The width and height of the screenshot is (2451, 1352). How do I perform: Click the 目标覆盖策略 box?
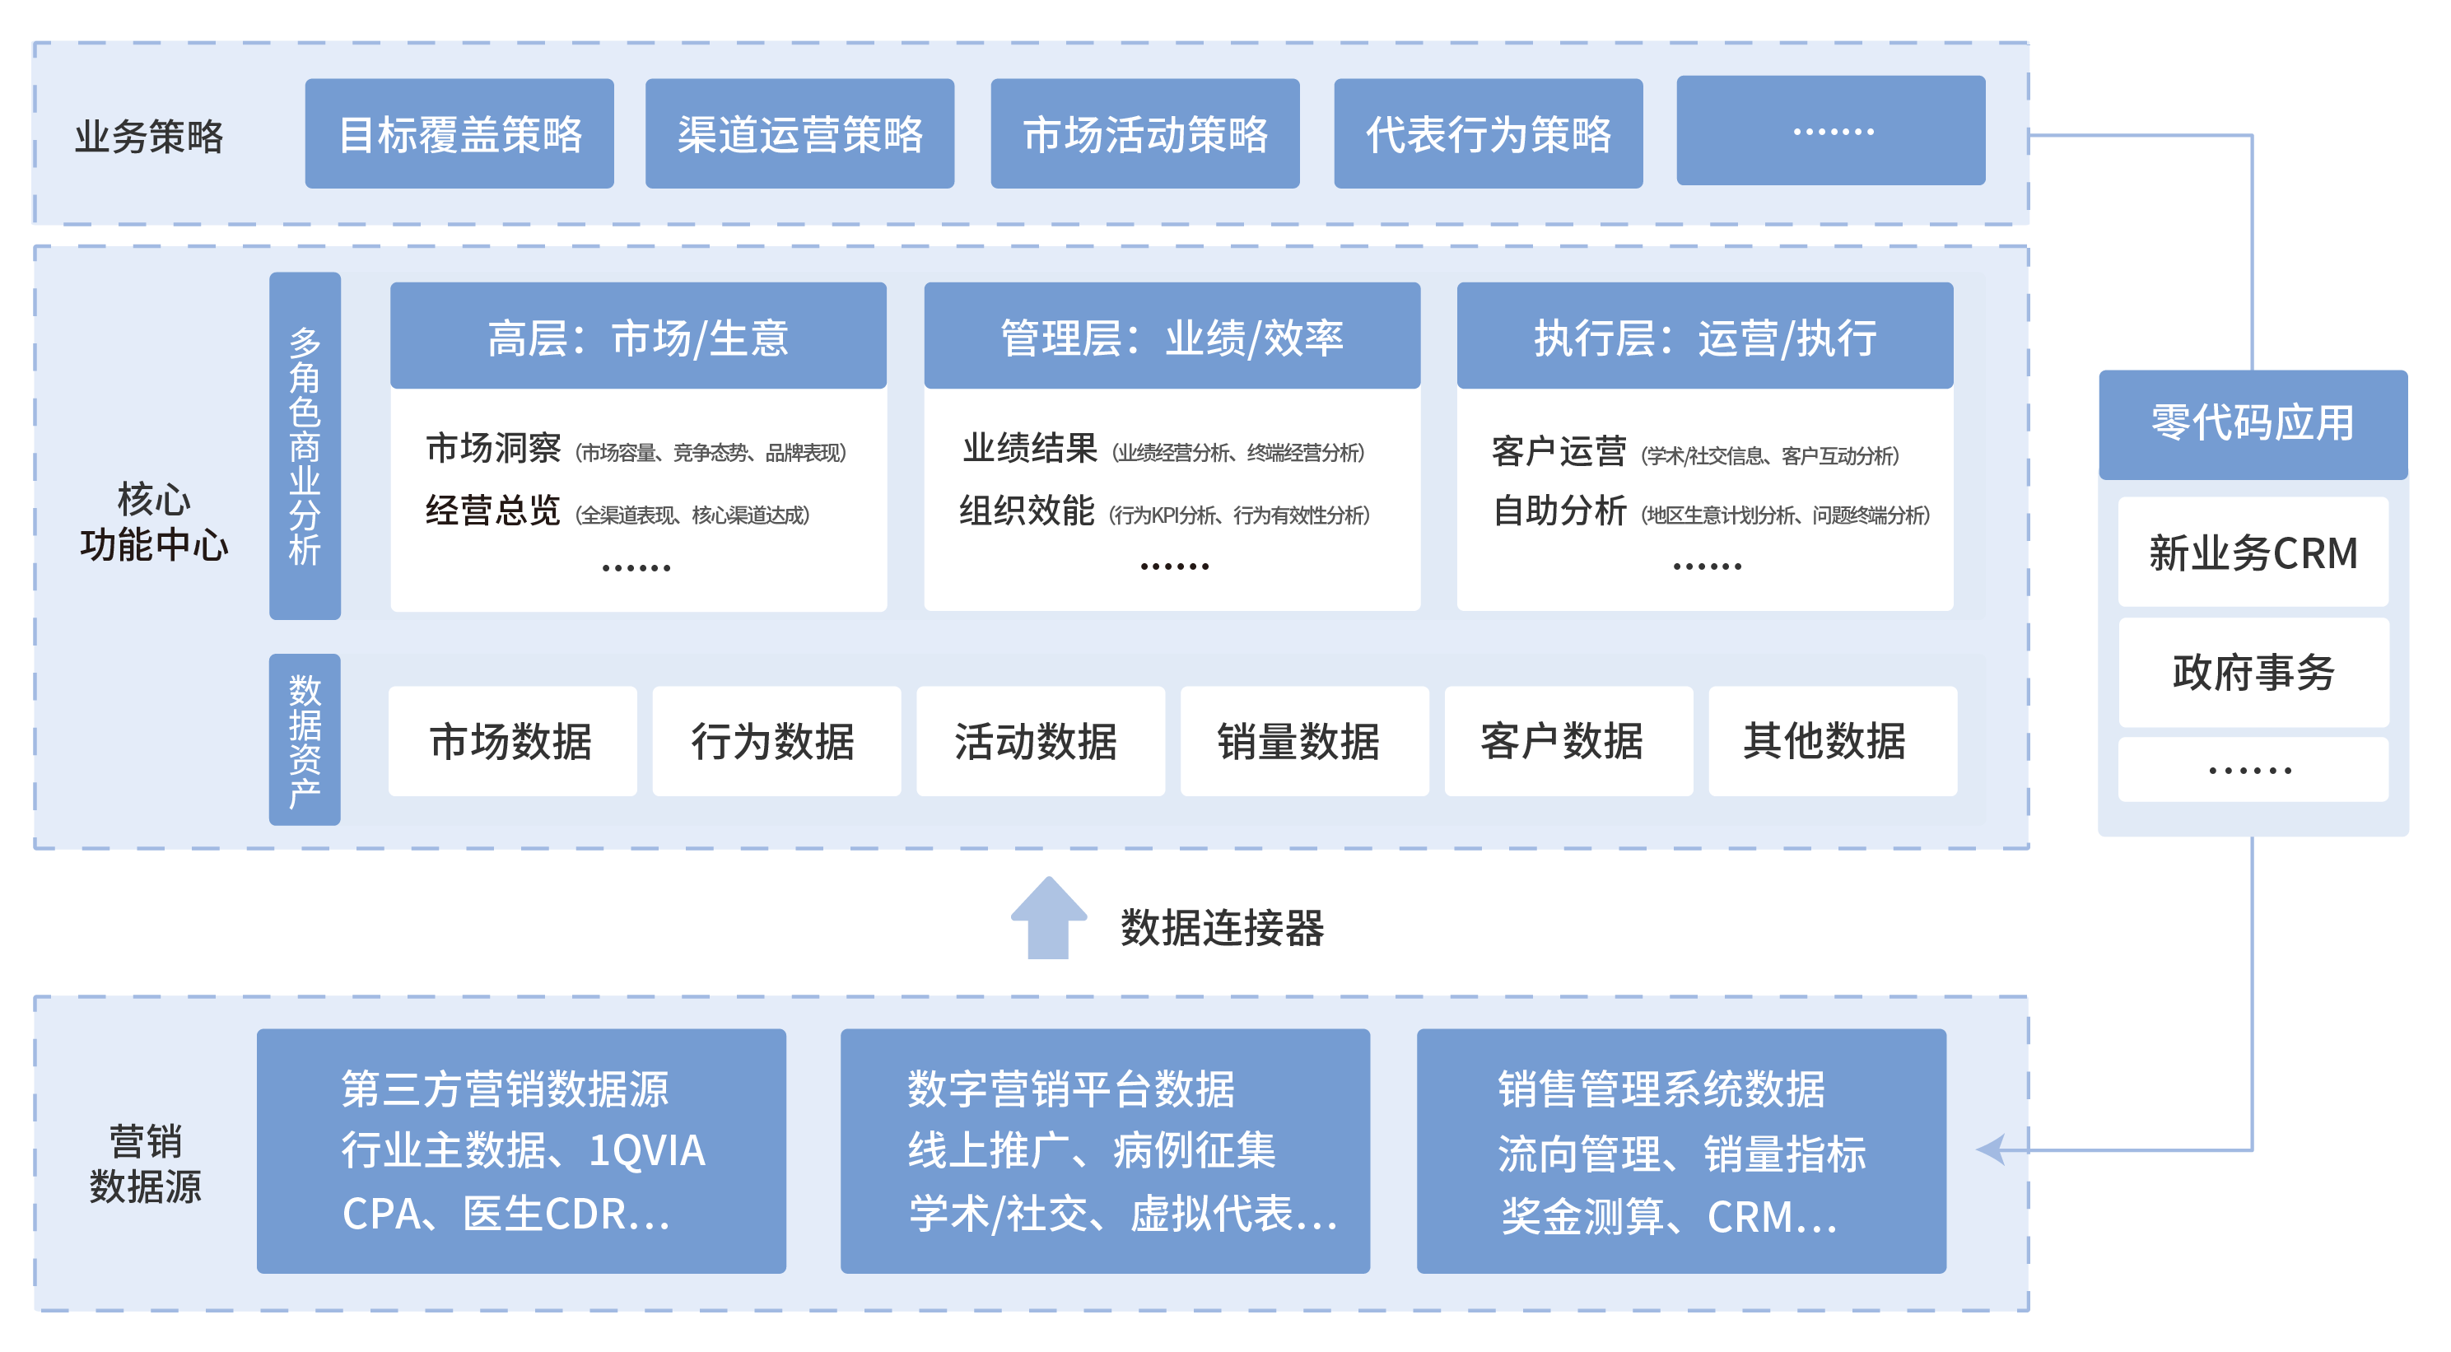pos(459,134)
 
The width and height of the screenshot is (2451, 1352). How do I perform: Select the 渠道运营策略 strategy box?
pos(799,134)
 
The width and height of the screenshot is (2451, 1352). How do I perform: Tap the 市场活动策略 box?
pos(1144,134)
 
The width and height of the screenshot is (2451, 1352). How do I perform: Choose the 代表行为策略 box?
pos(1488,134)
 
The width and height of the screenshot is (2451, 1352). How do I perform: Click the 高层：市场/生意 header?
pos(637,337)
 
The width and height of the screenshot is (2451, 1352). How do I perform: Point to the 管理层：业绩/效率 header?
pos(1172,337)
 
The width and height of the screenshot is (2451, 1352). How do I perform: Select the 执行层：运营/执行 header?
pos(1704,337)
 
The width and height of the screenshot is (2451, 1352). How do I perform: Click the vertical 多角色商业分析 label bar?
pos(305,445)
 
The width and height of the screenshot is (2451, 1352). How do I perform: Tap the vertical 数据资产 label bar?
pos(305,739)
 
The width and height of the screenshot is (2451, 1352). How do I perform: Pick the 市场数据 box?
pos(512,741)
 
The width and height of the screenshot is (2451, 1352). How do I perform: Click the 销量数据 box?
pos(1303,741)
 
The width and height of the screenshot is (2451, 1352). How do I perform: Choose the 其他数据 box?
pos(1832,741)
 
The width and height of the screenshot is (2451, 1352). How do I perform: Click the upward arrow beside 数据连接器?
pos(1049,917)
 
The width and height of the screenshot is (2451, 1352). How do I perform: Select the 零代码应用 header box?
pos(2252,424)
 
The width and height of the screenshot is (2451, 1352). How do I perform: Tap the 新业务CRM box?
pos(2252,552)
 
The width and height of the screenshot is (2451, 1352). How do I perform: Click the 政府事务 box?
pos(2252,672)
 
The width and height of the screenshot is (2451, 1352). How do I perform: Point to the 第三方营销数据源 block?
pos(520,1150)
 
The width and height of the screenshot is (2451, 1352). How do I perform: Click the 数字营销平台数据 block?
pos(1105,1150)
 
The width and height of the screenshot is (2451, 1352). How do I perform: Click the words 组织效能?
pos(1026,511)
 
